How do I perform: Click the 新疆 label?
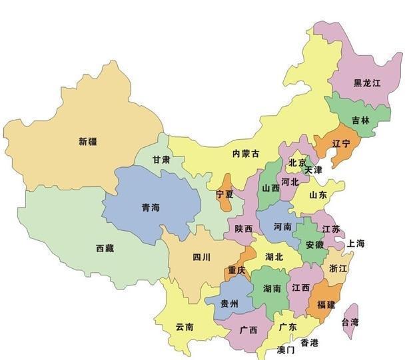click(87, 141)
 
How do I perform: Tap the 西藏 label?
click(105, 248)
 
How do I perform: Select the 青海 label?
click(151, 208)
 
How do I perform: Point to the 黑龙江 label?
click(367, 83)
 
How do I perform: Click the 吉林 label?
click(360, 120)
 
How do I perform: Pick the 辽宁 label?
click(341, 144)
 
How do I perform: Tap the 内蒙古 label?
click(245, 154)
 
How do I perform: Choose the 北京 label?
click(297, 163)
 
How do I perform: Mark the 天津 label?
click(313, 170)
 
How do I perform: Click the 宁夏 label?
click(225, 194)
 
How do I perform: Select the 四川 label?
click(202, 256)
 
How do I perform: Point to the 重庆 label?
click(236, 270)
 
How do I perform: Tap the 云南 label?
click(185, 327)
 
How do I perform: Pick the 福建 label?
click(326, 304)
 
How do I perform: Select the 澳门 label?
click(287, 349)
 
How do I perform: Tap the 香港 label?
click(309, 342)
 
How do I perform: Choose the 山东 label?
click(318, 196)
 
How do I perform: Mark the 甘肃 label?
click(161, 160)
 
